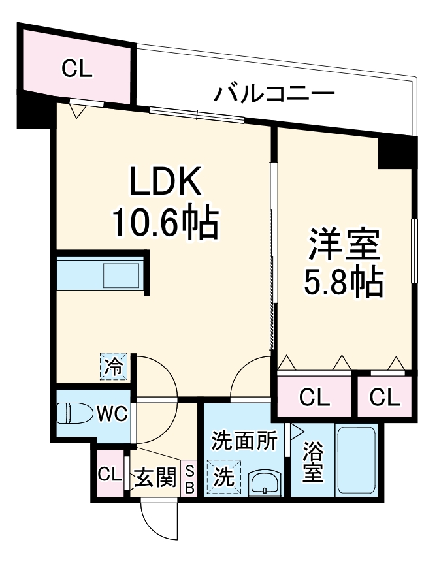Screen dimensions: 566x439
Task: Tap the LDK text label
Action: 165,183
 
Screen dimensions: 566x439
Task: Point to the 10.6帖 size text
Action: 165,223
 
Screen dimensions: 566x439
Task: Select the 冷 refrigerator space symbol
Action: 114,367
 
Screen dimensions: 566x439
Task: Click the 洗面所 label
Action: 243,442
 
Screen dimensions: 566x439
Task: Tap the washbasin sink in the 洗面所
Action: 265,484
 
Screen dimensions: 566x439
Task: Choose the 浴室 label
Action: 312,462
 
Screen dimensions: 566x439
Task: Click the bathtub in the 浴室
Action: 355,461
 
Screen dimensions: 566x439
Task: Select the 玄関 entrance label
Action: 156,478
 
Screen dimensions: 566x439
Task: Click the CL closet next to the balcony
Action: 76,68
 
